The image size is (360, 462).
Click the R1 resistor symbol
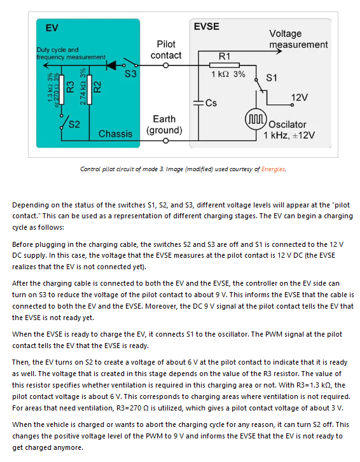(x=224, y=65)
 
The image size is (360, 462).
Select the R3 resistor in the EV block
(x=62, y=90)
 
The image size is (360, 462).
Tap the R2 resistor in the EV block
(x=89, y=90)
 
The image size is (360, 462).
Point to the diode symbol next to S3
(x=111, y=65)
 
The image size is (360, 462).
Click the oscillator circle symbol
(x=256, y=120)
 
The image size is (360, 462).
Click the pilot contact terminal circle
(x=166, y=66)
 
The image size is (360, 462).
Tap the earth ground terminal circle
(x=166, y=141)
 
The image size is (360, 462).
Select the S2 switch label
(x=74, y=124)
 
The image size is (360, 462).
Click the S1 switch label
(x=272, y=78)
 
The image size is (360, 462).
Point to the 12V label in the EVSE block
(x=300, y=97)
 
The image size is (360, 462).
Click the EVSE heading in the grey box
(x=207, y=27)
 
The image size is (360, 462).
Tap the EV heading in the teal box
(x=52, y=28)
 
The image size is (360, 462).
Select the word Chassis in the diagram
(x=115, y=134)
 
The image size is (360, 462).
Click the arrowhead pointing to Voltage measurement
(x=279, y=52)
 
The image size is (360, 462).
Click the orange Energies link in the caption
(x=273, y=169)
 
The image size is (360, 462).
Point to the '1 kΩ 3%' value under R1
(x=228, y=74)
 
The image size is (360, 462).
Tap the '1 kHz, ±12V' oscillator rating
(x=289, y=136)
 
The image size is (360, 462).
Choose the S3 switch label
(x=130, y=74)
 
